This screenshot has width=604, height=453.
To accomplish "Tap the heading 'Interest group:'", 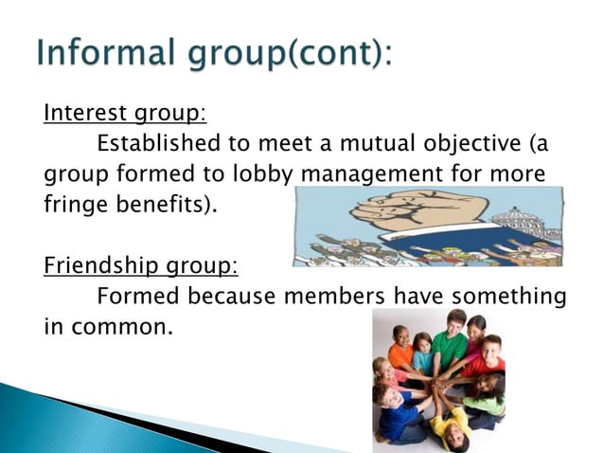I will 124,115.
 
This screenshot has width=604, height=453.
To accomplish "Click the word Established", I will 158,144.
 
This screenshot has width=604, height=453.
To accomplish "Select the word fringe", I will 73,205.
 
